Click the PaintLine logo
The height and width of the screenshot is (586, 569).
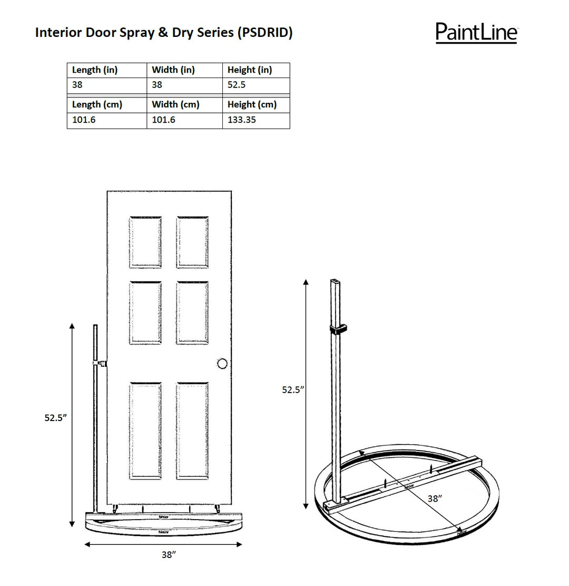click(476, 32)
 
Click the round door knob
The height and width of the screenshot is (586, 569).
click(222, 363)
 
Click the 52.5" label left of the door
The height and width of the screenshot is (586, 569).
click(55, 418)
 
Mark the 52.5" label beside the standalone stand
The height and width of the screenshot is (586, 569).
click(293, 390)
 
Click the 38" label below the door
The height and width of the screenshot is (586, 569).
click(168, 554)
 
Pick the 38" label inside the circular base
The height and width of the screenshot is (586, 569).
click(434, 498)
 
